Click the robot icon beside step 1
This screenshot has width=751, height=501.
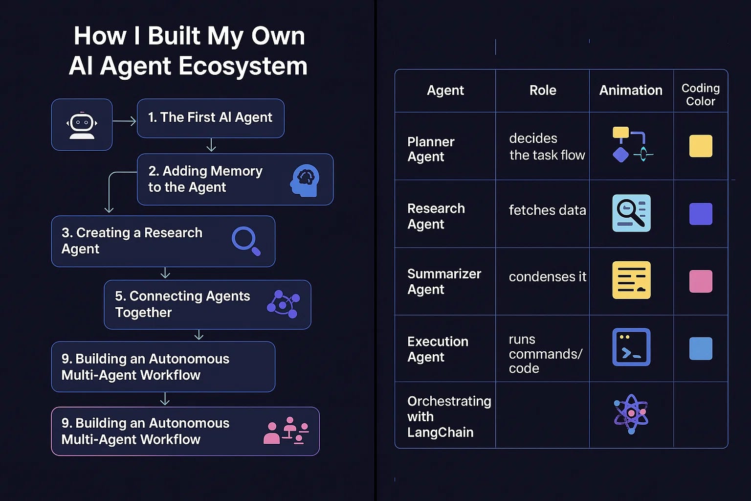click(x=82, y=125)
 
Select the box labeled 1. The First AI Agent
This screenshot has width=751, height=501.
click(x=210, y=118)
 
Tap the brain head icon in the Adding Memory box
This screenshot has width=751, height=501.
click(x=305, y=180)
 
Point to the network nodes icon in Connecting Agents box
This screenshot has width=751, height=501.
click(x=283, y=304)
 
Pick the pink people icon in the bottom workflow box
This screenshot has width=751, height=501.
click(x=286, y=431)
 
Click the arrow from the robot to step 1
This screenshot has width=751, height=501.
click(x=124, y=121)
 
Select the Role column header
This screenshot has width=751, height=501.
click(x=543, y=91)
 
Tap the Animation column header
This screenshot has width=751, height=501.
click(x=631, y=91)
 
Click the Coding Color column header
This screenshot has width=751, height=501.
click(x=700, y=94)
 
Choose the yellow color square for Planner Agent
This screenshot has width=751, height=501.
click(x=701, y=146)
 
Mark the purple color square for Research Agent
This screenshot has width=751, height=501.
click(x=701, y=214)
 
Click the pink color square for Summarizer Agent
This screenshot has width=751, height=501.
click(x=701, y=281)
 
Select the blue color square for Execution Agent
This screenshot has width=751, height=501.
click(x=701, y=348)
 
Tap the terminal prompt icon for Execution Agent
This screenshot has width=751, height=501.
click(x=631, y=347)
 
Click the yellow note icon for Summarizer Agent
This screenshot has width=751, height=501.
click(x=631, y=280)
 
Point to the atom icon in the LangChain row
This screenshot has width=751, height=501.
click(x=631, y=414)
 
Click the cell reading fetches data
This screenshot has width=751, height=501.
click(x=547, y=210)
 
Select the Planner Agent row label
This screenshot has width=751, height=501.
click(x=431, y=149)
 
